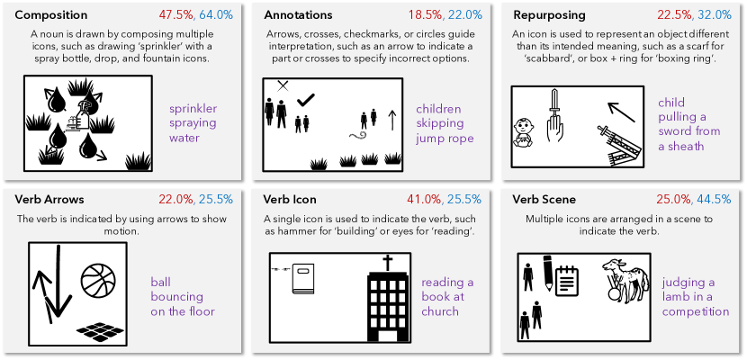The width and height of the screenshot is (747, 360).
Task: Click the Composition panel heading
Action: point(51,15)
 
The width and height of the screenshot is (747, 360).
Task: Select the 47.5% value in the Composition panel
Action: point(179,15)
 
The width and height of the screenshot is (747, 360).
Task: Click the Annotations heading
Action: point(298,15)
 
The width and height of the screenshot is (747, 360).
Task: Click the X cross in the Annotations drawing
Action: point(283,85)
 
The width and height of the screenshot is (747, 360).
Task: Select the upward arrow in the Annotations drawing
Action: point(391,121)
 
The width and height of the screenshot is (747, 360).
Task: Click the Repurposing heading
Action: point(549,15)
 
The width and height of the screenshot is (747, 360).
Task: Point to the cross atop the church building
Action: point(388,264)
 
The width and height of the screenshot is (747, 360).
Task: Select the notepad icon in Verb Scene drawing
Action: point(565,282)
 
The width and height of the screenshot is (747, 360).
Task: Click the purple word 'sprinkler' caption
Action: point(193,110)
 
